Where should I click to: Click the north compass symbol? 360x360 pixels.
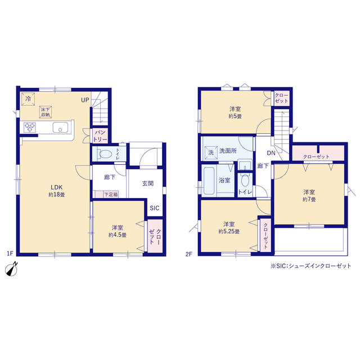point(11,269)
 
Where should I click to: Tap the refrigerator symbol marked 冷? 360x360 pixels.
point(28,99)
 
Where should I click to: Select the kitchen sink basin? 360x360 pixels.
point(60,128)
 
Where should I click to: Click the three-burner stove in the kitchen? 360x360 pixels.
point(30,127)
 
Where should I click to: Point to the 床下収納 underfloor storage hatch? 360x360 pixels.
point(45,112)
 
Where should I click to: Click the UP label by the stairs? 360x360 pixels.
point(85,100)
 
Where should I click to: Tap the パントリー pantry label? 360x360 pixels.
point(100,136)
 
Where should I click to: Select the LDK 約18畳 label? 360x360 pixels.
point(57,191)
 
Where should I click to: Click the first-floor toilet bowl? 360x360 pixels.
point(105,154)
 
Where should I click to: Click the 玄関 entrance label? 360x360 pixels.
point(148,183)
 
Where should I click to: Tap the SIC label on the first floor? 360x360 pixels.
point(155,208)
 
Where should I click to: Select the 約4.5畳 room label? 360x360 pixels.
point(118,231)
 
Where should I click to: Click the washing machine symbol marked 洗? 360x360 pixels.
point(211,152)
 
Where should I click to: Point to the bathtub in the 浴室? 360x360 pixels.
point(209,181)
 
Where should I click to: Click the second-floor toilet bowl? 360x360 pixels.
point(245,181)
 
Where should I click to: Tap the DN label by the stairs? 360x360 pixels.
point(271,153)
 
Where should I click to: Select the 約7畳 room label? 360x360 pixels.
point(309,196)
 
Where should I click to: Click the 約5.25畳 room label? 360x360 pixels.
point(229,228)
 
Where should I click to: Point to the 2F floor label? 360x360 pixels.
point(188,254)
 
